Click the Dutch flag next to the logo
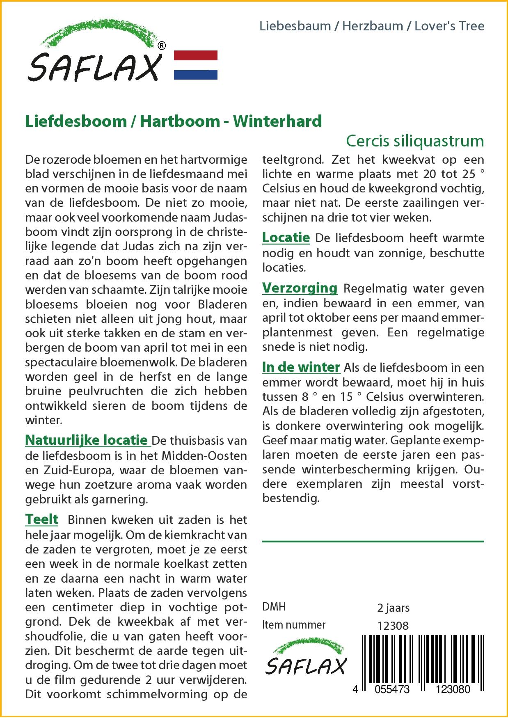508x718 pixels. [x=196, y=65]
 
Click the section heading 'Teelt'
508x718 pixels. [x=42, y=519]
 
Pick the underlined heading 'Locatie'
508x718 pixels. [x=286, y=238]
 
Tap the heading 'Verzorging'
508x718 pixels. [x=300, y=288]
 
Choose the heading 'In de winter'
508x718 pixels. [x=301, y=367]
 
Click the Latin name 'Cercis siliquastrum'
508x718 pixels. [x=415, y=141]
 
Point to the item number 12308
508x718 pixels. [x=393, y=626]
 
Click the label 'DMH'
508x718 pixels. [x=274, y=607]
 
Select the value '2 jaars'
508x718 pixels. [x=393, y=608]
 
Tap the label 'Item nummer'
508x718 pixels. [x=294, y=625]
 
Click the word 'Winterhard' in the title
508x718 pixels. [x=277, y=121]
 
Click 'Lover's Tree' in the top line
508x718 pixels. [x=449, y=26]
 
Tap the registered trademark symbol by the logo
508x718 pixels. [x=162, y=46]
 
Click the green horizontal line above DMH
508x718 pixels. [x=373, y=542]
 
